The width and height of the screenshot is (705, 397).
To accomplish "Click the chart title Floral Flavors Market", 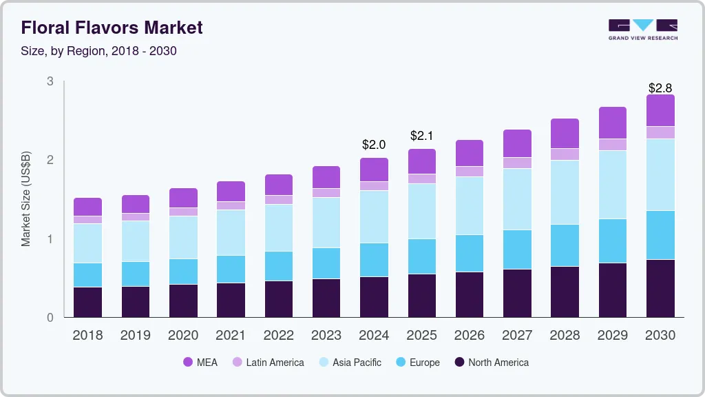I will point(112,28).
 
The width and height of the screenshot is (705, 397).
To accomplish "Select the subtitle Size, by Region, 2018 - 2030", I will point(98,51).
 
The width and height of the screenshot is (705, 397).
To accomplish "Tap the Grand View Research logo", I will point(642,30).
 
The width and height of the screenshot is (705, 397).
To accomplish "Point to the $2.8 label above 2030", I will point(660,88).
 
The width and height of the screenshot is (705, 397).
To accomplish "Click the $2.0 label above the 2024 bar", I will point(374,145).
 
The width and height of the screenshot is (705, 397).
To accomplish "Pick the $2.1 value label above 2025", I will point(421,136).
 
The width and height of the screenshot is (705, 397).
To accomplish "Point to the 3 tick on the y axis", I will point(50,81).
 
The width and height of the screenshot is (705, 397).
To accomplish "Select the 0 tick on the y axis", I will point(50,318).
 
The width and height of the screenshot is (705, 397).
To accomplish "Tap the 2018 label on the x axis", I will point(87,336).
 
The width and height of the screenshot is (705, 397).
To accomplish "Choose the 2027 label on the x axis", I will point(517,336).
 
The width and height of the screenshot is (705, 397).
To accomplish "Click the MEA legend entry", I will point(200,363).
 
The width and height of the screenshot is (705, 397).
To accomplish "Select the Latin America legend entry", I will point(267,363).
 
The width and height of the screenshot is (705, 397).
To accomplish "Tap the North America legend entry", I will point(490,363).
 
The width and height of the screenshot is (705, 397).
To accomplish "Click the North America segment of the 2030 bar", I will point(660,288).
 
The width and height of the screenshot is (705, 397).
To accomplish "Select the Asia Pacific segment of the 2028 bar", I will point(565,192).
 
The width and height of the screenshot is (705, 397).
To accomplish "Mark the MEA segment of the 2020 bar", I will point(183,198).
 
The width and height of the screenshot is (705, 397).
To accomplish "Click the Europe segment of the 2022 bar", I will point(278,266).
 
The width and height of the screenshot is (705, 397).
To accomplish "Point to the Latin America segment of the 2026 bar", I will point(470,172).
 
